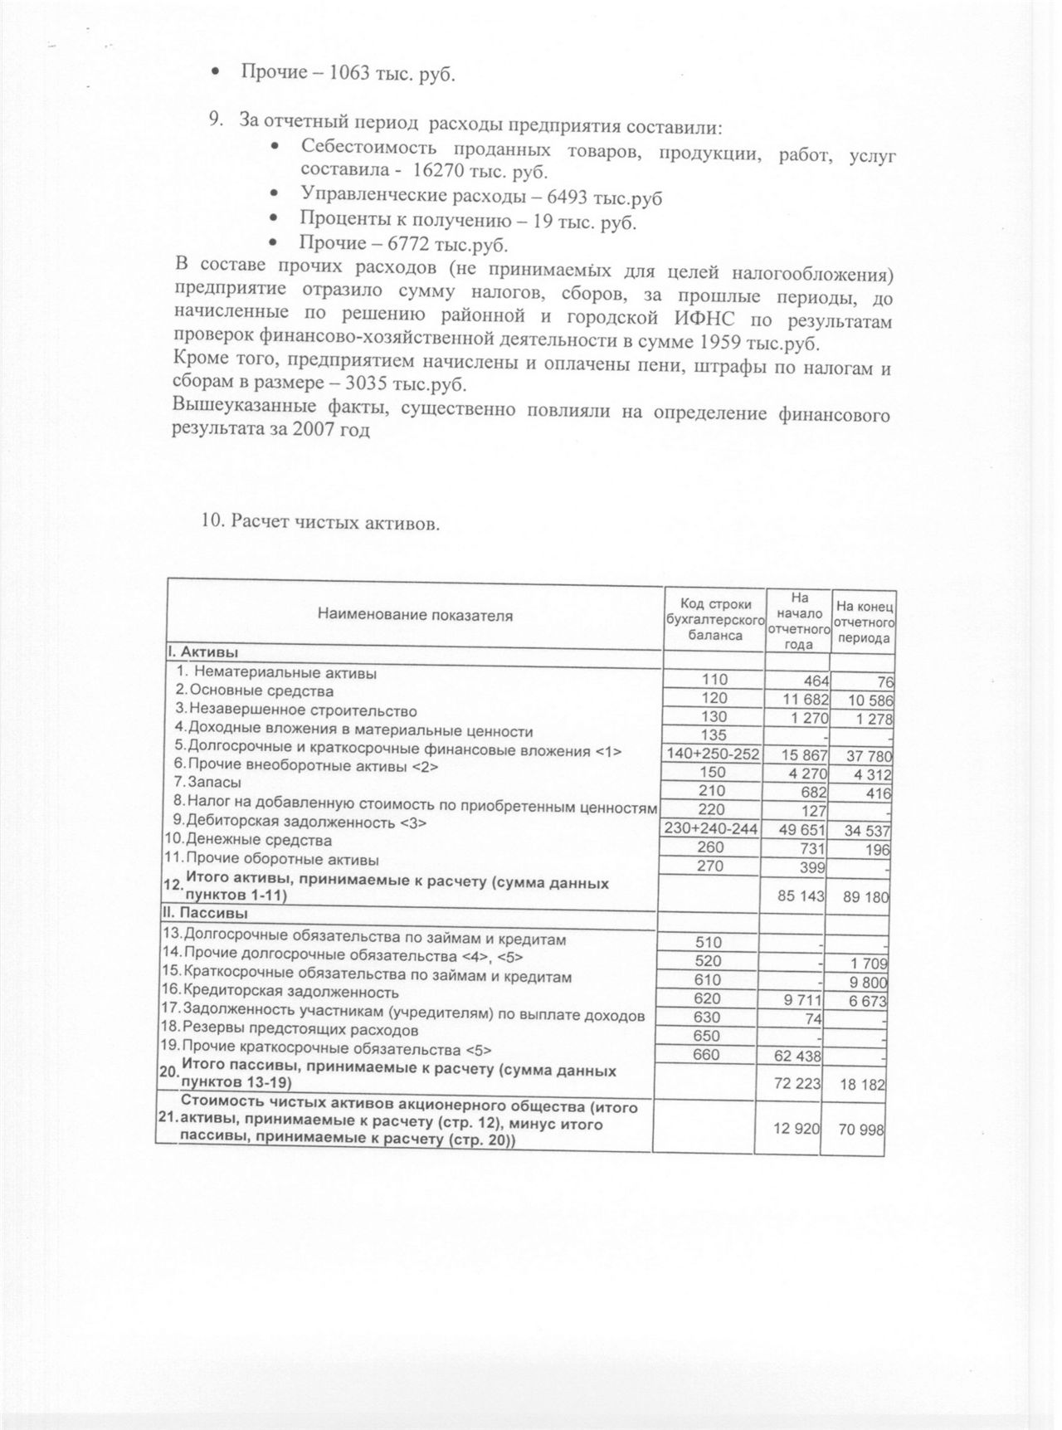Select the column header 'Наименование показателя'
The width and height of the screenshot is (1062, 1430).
pos(415,616)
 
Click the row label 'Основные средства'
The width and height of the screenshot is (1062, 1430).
pos(261,691)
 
